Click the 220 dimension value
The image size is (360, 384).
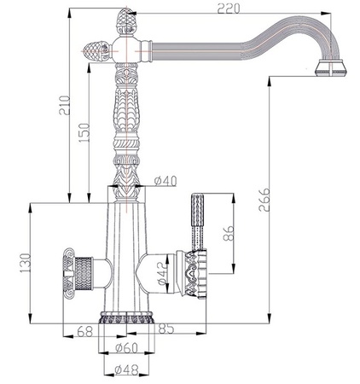[x=229, y=8]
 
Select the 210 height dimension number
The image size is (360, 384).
[x=64, y=105]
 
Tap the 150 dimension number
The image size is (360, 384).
[x=84, y=132]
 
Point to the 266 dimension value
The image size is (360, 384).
[x=264, y=200]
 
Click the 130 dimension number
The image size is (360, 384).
[x=25, y=263]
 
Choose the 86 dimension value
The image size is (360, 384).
[x=229, y=233]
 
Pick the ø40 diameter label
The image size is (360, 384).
[x=165, y=181]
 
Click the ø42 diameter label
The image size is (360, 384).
[x=162, y=274]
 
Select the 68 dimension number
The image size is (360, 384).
[x=85, y=331]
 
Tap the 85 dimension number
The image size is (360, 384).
[x=165, y=329]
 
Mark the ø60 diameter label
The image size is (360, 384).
[x=126, y=347]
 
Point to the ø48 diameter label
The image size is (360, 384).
[x=126, y=369]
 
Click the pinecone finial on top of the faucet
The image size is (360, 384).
[x=126, y=21]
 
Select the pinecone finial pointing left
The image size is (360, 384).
[x=96, y=51]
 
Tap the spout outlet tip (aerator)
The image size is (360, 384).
[x=331, y=68]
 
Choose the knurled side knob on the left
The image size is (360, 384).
[x=78, y=273]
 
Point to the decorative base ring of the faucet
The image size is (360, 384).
[x=127, y=317]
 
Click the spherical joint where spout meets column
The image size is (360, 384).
[x=125, y=50]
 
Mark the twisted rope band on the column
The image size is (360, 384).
[x=126, y=144]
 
